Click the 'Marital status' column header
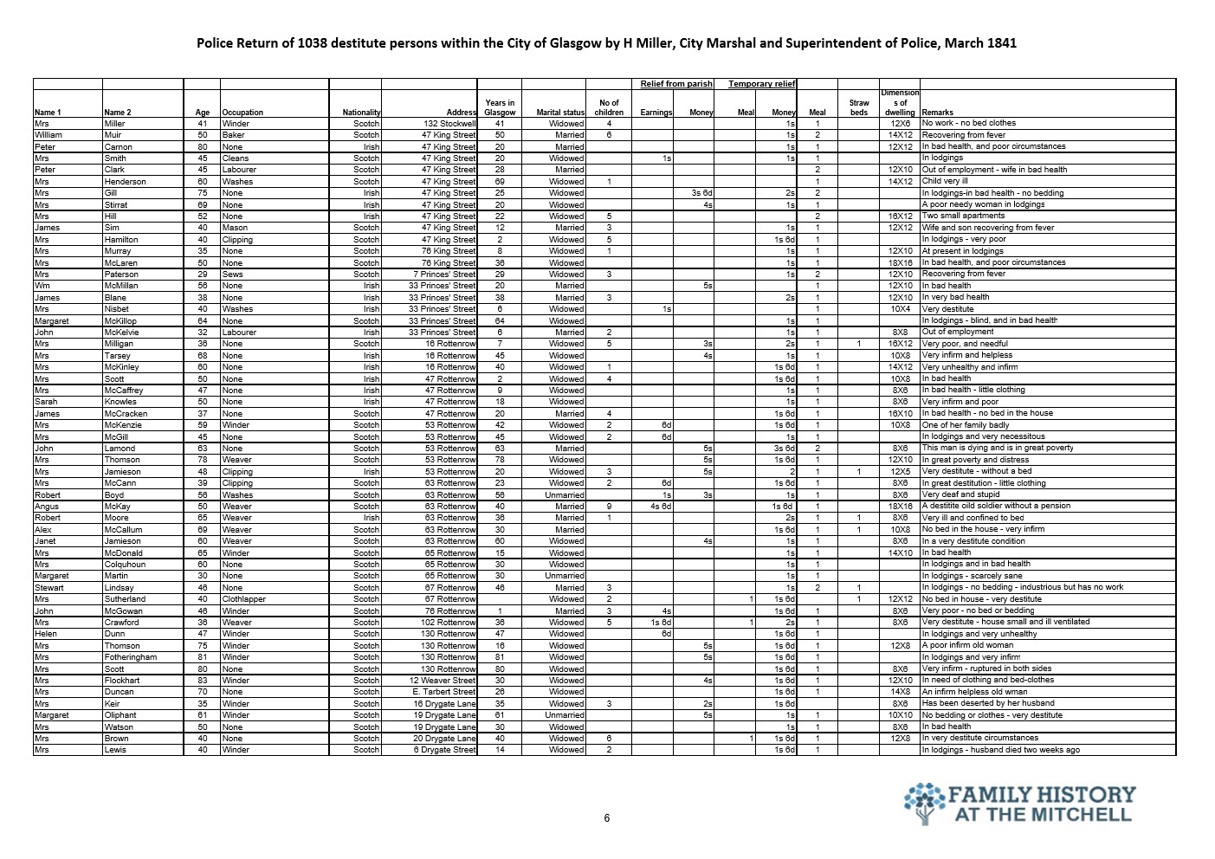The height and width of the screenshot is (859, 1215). pyautogui.click(x=560, y=113)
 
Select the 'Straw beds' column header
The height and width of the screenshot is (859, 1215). pyautogui.click(x=858, y=107)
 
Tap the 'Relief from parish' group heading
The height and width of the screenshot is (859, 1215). pyautogui.click(x=676, y=84)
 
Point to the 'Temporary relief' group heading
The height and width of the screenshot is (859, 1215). pyautogui.click(x=761, y=84)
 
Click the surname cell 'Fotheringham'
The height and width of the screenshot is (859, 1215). pyautogui.click(x=130, y=657)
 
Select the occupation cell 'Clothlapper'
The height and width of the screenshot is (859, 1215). pyautogui.click(x=243, y=599)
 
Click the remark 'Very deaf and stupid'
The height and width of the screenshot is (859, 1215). pyautogui.click(x=961, y=494)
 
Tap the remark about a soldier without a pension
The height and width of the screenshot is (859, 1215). pyautogui.click(x=996, y=506)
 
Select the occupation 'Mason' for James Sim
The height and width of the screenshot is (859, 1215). pyautogui.click(x=233, y=228)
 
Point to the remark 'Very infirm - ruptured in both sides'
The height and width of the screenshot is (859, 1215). pyautogui.click(x=986, y=668)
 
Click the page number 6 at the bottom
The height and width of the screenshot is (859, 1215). pyautogui.click(x=607, y=818)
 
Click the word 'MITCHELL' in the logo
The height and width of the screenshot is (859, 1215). pyautogui.click(x=1083, y=814)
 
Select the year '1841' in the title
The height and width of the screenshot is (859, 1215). pyautogui.click(x=1000, y=42)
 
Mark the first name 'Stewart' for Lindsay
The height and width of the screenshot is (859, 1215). pyautogui.click(x=48, y=587)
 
